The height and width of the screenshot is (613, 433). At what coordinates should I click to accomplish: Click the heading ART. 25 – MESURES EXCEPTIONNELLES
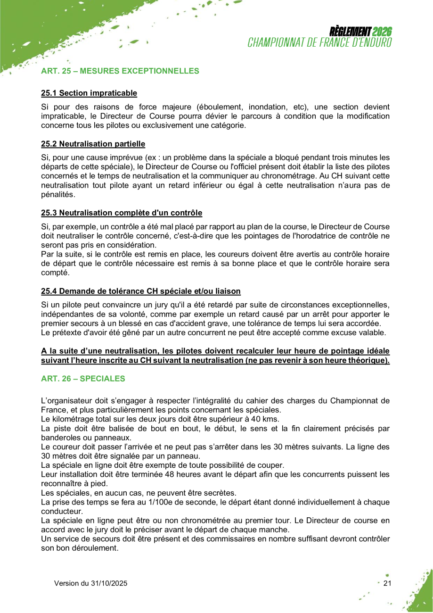[120, 71]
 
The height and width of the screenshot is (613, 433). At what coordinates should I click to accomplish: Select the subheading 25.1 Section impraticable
[89, 93]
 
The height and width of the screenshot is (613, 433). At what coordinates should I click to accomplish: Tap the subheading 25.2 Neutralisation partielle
[93, 143]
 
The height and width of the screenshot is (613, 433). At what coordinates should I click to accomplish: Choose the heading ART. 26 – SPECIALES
[83, 379]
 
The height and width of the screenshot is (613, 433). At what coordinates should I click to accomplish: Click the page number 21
[387, 583]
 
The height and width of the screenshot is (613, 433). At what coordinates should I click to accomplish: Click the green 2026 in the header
[382, 32]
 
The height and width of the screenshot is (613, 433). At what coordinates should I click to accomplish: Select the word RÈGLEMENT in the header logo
[350, 32]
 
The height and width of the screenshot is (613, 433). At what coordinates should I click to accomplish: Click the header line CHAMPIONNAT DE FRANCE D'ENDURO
[320, 42]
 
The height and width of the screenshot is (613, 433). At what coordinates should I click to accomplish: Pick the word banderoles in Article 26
[58, 438]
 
